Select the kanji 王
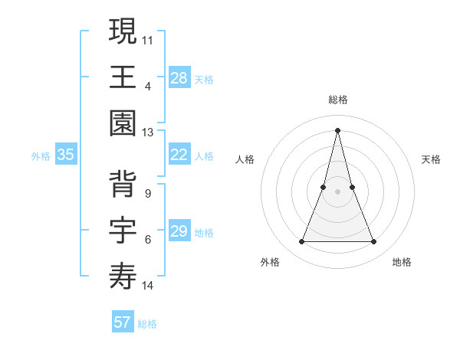click(x=123, y=76)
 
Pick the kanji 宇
click(x=123, y=228)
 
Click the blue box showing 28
click(x=179, y=77)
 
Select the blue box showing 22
click(x=179, y=155)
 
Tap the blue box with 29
click(x=179, y=231)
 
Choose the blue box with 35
click(x=66, y=155)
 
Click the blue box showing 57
click(x=123, y=322)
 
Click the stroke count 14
click(x=148, y=286)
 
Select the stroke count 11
click(x=148, y=39)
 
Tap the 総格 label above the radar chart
click(x=337, y=100)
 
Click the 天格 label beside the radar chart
click(x=432, y=159)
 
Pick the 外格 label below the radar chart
click(x=270, y=262)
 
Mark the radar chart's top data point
click(x=337, y=129)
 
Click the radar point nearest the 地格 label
click(x=373, y=242)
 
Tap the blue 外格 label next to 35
click(x=41, y=155)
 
